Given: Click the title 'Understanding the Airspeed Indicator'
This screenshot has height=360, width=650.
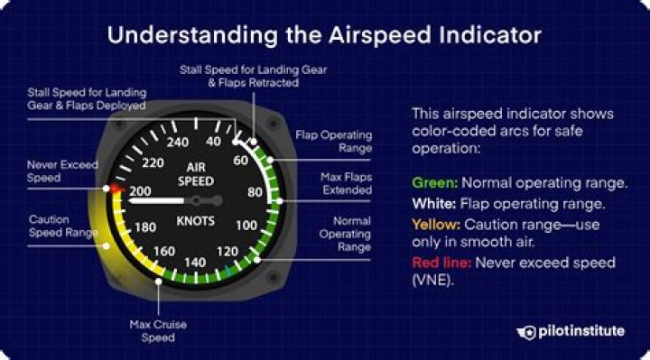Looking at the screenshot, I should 324,35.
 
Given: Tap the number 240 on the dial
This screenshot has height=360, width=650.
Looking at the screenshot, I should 179,142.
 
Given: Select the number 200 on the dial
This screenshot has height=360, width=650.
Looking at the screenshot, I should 140,191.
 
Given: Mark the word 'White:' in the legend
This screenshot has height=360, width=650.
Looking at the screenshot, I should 432,203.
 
